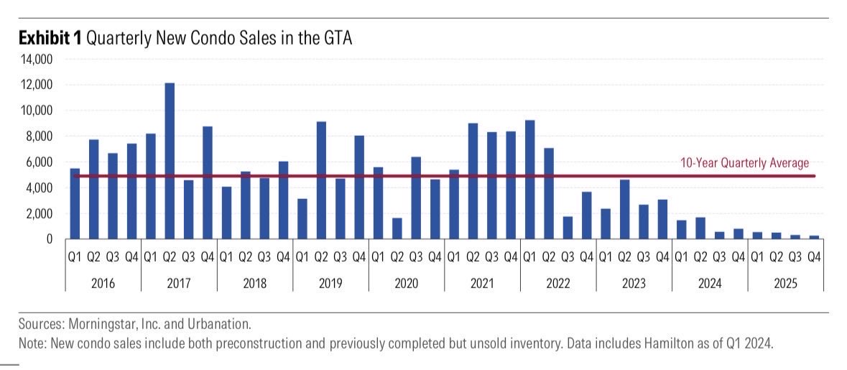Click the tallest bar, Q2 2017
(170, 161)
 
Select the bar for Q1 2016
(75, 203)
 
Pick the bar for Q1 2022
(529, 180)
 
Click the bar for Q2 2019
(321, 180)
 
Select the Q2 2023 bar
(624, 209)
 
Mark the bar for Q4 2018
(283, 200)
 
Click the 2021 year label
(482, 283)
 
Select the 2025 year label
(785, 283)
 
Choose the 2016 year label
(103, 283)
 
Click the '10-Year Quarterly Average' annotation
(744, 163)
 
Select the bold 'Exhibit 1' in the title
(50, 38)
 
